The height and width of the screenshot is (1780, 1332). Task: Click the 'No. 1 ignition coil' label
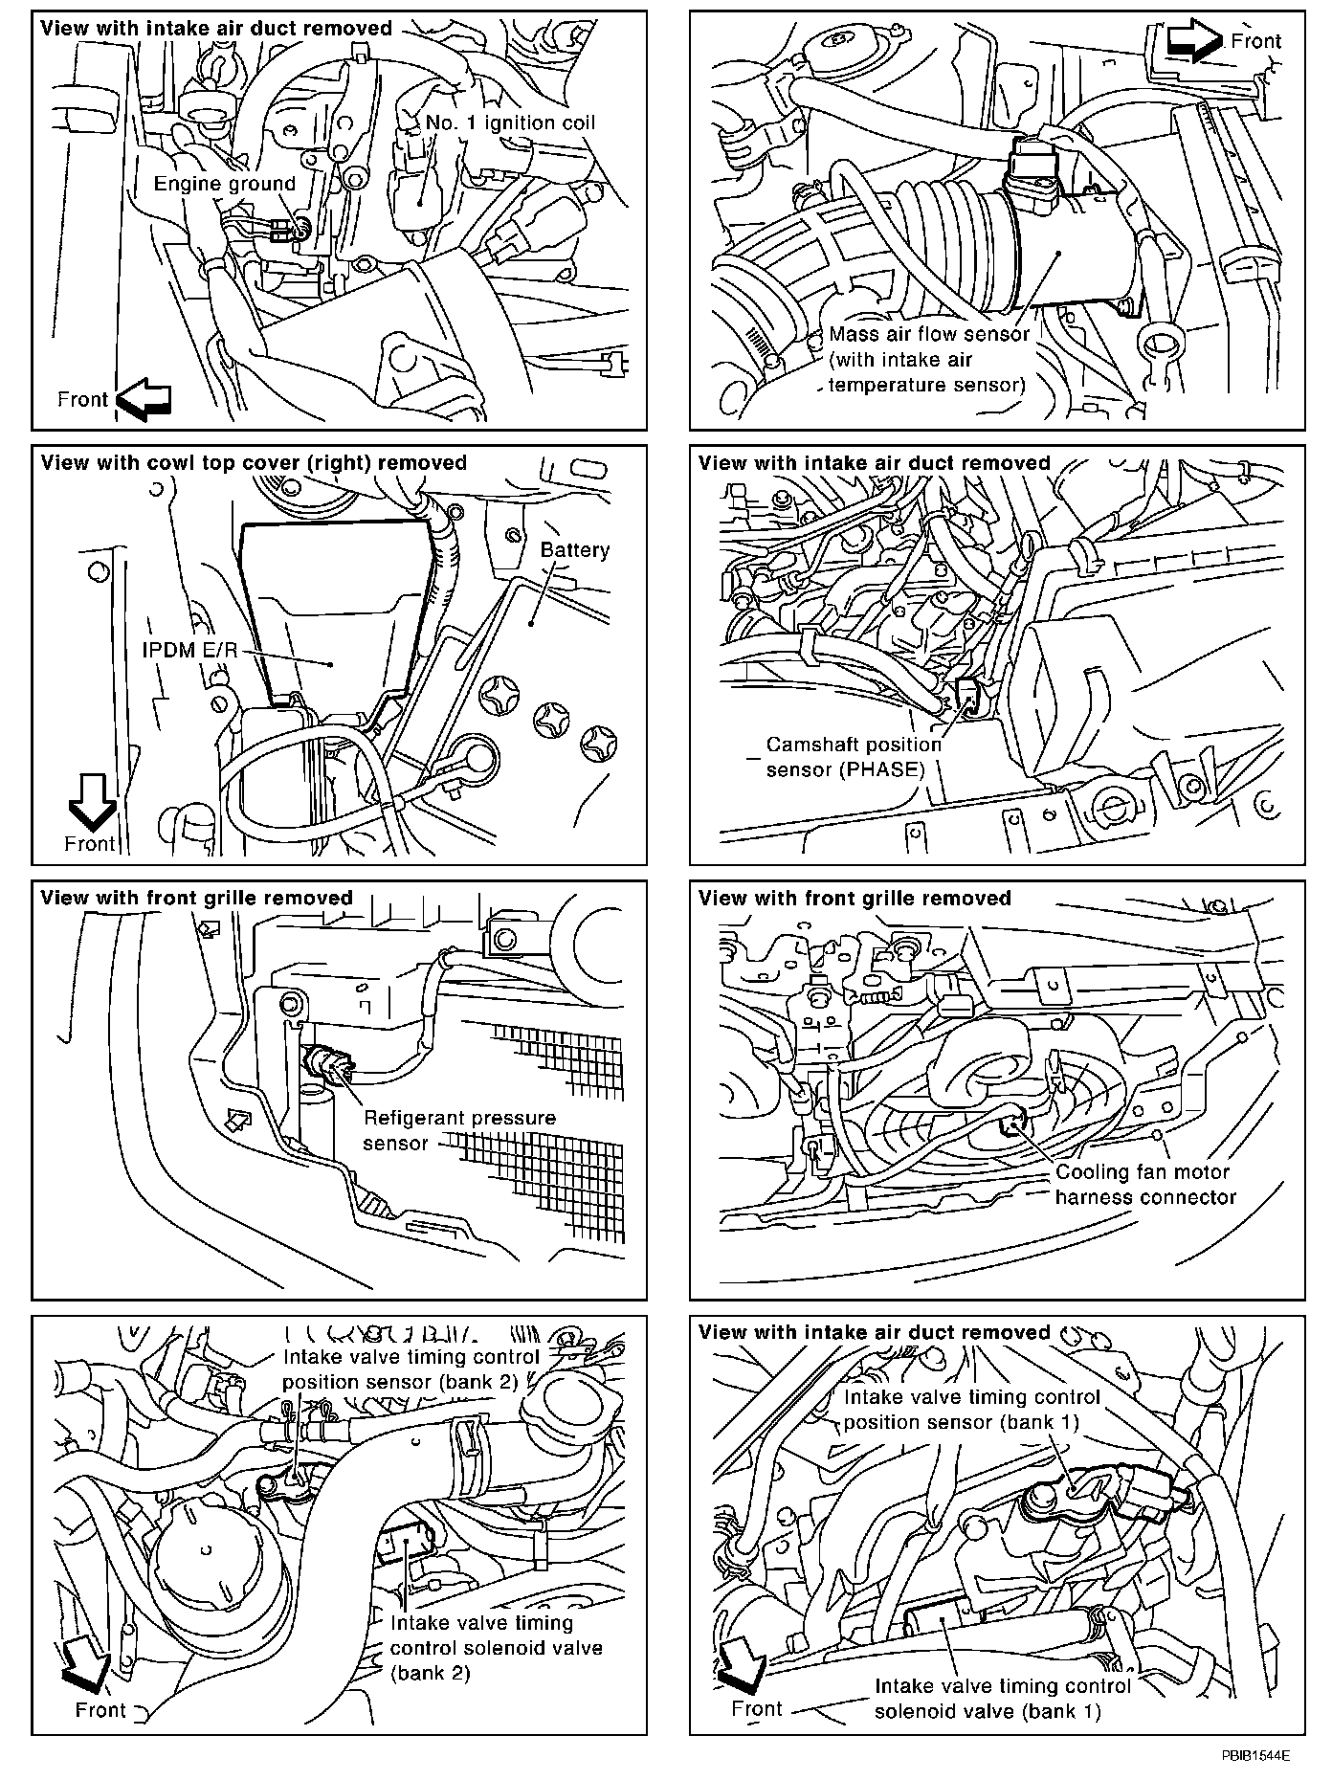tap(510, 122)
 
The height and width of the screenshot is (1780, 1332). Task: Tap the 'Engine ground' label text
tap(225, 184)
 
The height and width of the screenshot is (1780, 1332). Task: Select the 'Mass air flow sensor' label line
tap(929, 334)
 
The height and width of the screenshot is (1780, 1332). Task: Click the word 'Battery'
tap(574, 550)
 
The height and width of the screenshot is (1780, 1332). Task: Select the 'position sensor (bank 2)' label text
tap(399, 1382)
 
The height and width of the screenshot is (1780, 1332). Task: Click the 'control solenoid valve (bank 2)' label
tap(496, 1647)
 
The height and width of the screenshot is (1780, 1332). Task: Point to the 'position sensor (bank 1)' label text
tap(961, 1422)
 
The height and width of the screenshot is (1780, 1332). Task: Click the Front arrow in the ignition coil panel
tap(144, 400)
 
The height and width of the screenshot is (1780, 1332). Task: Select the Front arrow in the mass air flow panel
tap(1194, 41)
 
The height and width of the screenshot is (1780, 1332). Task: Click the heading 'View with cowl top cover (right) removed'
tap(254, 463)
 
